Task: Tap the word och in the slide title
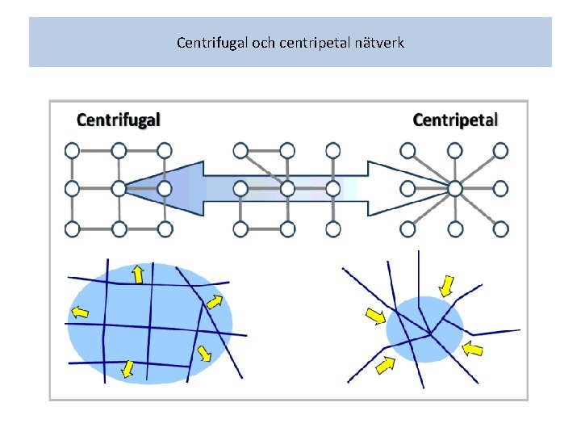pos(263,41)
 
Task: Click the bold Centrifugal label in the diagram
pos(119,120)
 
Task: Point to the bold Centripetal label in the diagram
pos(455,120)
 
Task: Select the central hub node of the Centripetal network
pos(455,188)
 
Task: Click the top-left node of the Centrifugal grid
pos(72,149)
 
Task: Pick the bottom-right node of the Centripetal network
pos(501,229)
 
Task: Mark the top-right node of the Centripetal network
pos(501,149)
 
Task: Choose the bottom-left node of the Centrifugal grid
pos(72,229)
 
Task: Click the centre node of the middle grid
pos(286,188)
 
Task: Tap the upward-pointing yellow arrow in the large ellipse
pos(138,274)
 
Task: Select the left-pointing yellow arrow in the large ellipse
pos(80,312)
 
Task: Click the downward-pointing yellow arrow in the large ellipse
pos(127,368)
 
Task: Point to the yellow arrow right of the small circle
pos(474,349)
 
